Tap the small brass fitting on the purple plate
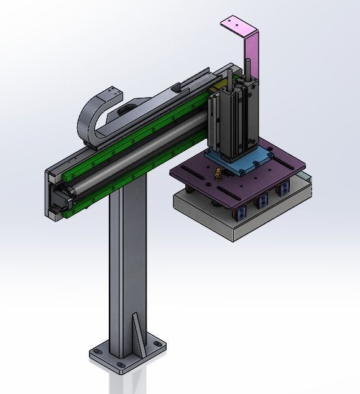point(217,174)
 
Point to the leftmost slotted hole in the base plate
point(97,351)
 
